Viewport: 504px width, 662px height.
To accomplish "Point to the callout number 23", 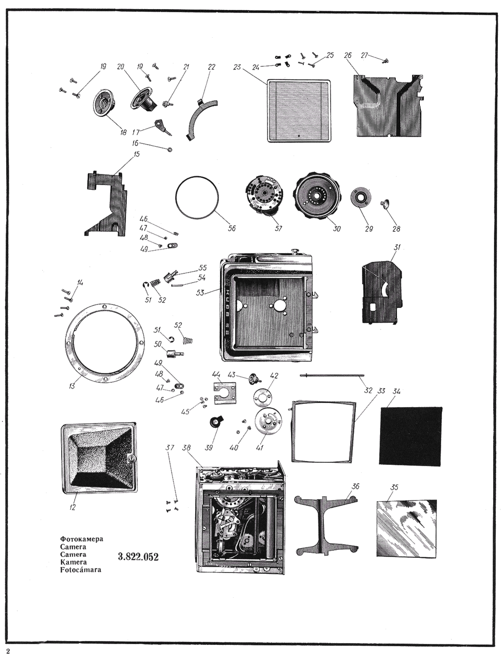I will click(x=237, y=67).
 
